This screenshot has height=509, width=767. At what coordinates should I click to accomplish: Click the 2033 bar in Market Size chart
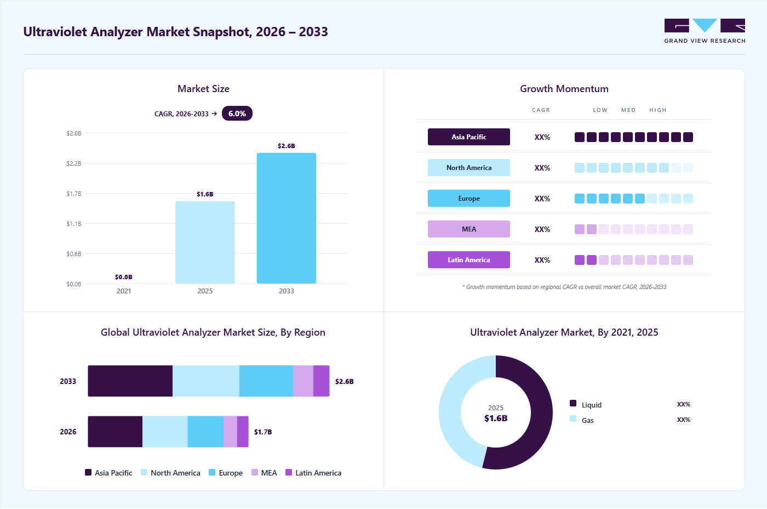tap(286, 218)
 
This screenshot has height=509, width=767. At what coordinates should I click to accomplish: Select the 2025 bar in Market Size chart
tap(205, 242)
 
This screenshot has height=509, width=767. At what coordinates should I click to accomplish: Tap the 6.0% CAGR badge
tap(237, 114)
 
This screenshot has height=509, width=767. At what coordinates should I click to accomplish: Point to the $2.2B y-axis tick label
tap(74, 163)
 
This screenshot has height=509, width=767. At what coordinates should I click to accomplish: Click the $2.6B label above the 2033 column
tap(286, 146)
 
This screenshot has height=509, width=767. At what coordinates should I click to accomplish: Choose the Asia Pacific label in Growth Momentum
tap(469, 137)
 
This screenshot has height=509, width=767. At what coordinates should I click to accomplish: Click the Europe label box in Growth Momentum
tap(469, 198)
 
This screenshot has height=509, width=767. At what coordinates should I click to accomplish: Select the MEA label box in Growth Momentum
tap(469, 229)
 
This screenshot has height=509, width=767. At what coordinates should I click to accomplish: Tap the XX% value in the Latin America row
tap(542, 260)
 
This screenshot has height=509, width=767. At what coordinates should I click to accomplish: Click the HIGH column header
tap(658, 110)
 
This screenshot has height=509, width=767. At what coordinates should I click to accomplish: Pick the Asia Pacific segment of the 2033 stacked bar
tap(130, 381)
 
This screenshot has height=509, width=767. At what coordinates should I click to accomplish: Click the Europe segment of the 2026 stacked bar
tap(205, 432)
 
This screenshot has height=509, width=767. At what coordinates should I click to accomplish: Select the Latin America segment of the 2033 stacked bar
tap(321, 381)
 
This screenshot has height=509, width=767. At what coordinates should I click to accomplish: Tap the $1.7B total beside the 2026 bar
tap(263, 432)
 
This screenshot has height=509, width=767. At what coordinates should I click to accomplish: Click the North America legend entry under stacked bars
tap(170, 473)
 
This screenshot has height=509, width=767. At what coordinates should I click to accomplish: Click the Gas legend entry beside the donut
tap(582, 420)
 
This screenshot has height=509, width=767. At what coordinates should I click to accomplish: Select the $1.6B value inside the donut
tap(496, 418)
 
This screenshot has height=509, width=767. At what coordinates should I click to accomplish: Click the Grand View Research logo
tap(705, 31)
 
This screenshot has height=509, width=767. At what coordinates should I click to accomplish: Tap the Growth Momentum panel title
tap(564, 89)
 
